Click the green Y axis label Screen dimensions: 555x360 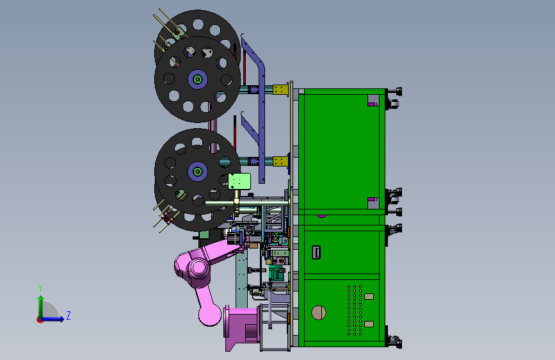tap(40, 288)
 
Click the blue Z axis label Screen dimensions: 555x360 tap(68, 315)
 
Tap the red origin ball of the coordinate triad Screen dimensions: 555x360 tap(40, 320)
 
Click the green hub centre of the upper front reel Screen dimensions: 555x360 tap(198, 79)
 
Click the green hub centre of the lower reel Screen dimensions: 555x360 tap(198, 172)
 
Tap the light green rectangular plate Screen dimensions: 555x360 tap(239, 181)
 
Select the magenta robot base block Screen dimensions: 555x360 tap(241, 327)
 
